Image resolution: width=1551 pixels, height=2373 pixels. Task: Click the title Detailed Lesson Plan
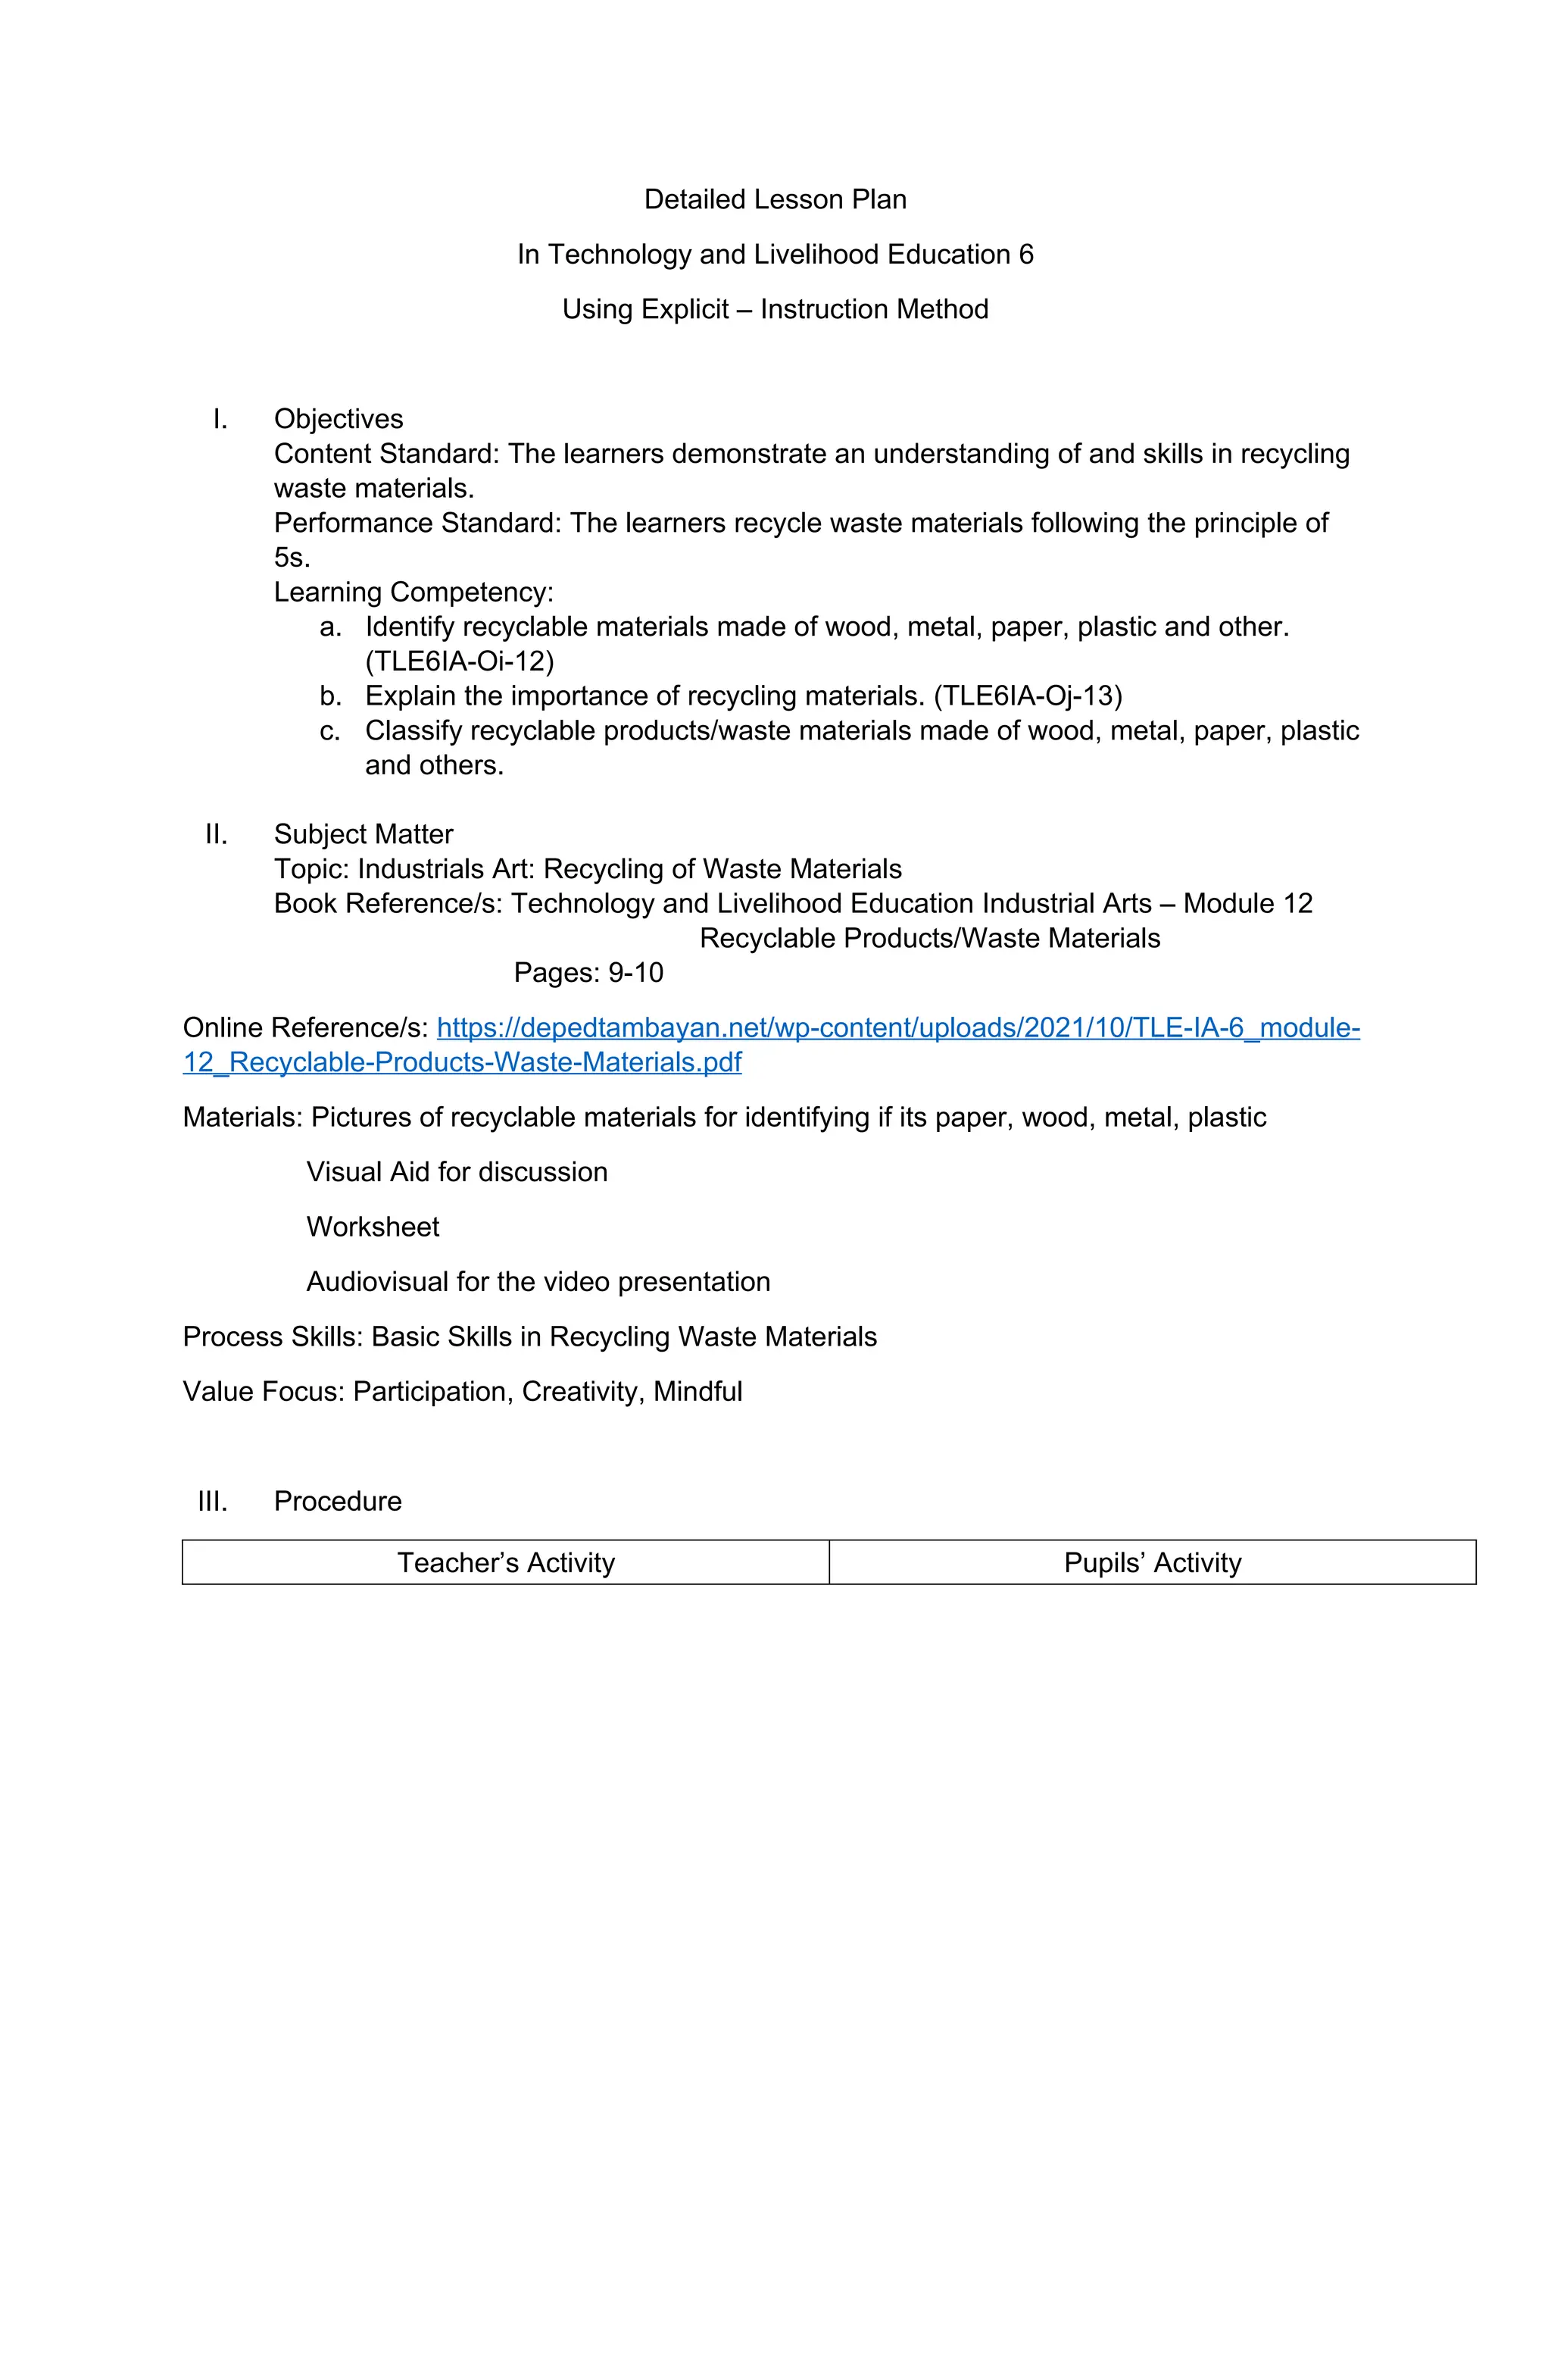pyautogui.click(x=775, y=199)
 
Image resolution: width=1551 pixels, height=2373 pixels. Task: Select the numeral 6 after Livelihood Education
pyautogui.click(x=1025, y=255)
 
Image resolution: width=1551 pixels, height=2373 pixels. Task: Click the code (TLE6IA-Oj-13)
pyautogui.click(x=1028, y=696)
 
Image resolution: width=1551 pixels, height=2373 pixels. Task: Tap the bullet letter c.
pyautogui.click(x=330, y=731)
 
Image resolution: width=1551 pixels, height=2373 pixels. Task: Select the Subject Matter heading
pyautogui.click(x=363, y=833)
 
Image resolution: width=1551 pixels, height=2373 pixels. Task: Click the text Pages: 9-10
pyautogui.click(x=588, y=972)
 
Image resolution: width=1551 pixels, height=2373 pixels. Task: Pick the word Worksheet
pyautogui.click(x=373, y=1227)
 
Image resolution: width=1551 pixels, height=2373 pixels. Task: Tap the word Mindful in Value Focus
pyautogui.click(x=697, y=1391)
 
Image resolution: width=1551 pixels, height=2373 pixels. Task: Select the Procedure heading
pyautogui.click(x=337, y=1501)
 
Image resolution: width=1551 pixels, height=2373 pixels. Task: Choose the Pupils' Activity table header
pyautogui.click(x=1153, y=1562)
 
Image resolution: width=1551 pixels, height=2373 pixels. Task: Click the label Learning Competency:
pyautogui.click(x=413, y=592)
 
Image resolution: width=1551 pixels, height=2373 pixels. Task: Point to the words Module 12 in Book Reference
pyautogui.click(x=1247, y=903)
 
